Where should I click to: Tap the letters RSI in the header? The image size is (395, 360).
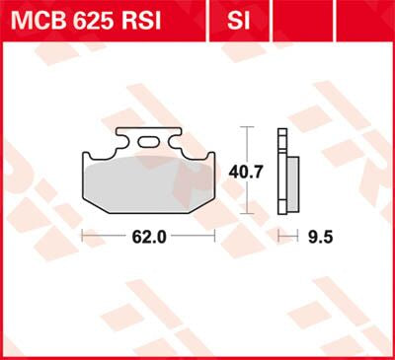click(153, 18)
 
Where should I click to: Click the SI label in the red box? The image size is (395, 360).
click(236, 18)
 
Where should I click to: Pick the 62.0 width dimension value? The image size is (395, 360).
click(148, 238)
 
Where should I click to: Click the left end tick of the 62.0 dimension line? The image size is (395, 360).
click(82, 237)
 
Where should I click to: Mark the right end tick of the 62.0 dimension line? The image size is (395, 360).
click(215, 237)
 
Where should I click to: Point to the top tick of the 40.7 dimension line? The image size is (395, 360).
click(247, 128)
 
